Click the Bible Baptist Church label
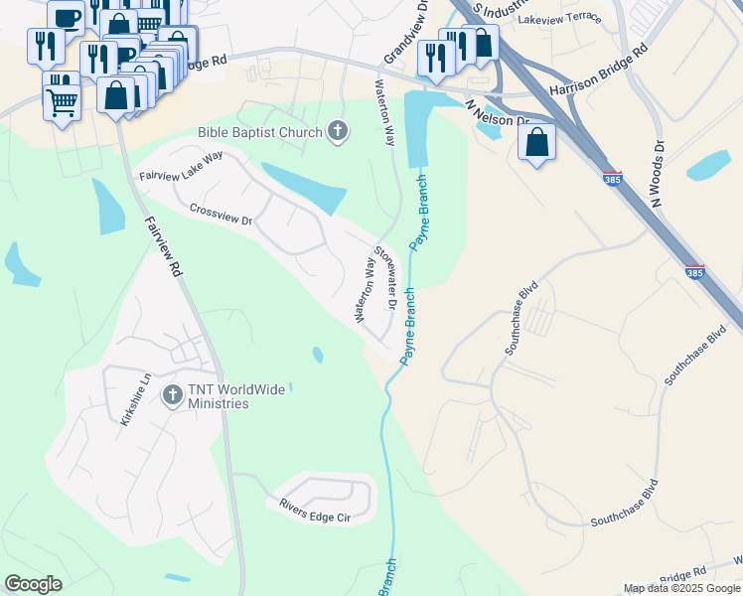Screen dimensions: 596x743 pyautogui.click(x=260, y=132)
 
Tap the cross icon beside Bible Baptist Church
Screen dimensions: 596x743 pyautogui.click(x=338, y=131)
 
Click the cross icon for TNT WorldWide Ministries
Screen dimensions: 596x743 pyautogui.click(x=172, y=395)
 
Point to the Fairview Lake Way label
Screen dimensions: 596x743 pyautogui.click(x=182, y=167)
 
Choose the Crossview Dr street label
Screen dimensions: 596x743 pyautogui.click(x=222, y=214)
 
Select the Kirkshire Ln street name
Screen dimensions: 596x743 pyautogui.click(x=134, y=400)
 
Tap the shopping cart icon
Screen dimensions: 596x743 pyautogui.click(x=62, y=100)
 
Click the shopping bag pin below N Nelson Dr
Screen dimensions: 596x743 pyautogui.click(x=536, y=143)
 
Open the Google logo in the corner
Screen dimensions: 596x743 pyautogui.click(x=33, y=584)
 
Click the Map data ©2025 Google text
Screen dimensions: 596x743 pyautogui.click(x=680, y=588)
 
